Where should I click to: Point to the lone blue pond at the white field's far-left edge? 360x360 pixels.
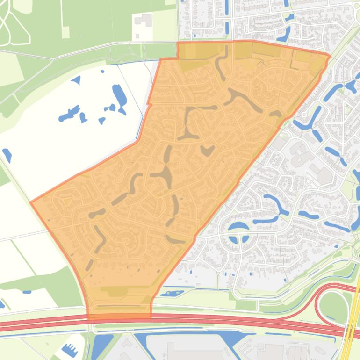tap(7, 155)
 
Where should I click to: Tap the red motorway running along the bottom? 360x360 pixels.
tap(187, 319)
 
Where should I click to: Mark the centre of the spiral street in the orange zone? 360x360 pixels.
tap(124, 241)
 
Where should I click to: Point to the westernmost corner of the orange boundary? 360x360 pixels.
tap(31, 202)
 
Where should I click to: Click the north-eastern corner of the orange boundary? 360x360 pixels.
tap(329, 57)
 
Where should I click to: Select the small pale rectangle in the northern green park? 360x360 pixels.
tap(65, 32)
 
